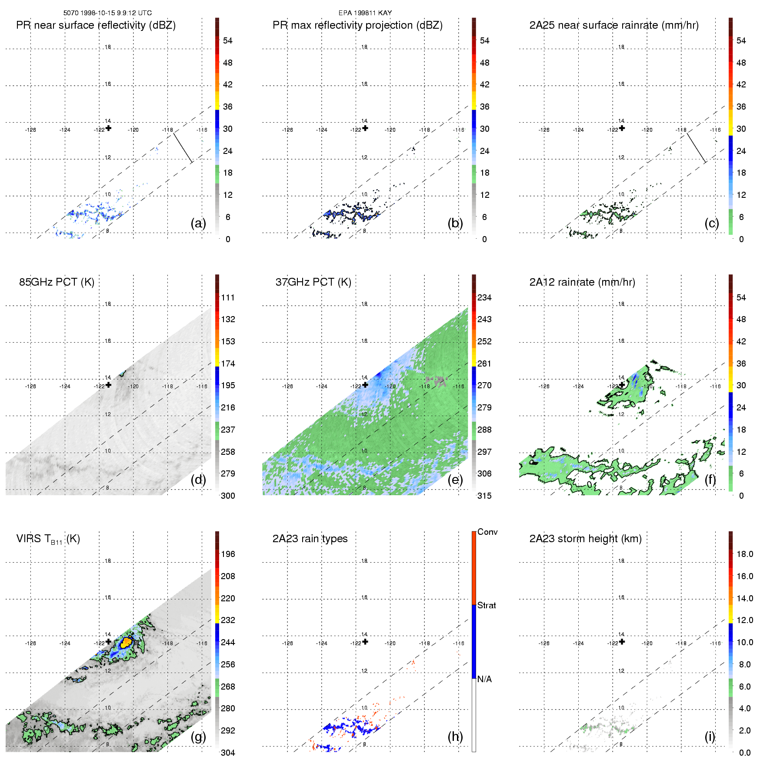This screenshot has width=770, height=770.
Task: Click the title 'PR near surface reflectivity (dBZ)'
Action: [x=96, y=25]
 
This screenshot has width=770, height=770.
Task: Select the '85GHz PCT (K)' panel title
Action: [x=57, y=282]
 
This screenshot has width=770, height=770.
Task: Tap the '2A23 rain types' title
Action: [x=310, y=539]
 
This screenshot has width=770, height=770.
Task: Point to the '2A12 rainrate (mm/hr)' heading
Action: [x=582, y=282]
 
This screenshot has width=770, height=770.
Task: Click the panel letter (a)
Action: [x=198, y=223]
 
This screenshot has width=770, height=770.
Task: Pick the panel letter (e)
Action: [x=455, y=480]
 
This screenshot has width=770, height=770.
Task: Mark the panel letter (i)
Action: [x=710, y=737]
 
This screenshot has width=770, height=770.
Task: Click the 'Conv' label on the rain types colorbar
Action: [x=487, y=532]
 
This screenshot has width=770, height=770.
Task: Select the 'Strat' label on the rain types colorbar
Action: [x=487, y=605]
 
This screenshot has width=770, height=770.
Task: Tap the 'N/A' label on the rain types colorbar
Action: [x=484, y=679]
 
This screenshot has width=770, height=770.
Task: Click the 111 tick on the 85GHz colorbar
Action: [x=228, y=297]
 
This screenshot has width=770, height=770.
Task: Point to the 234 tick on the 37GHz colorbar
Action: [x=484, y=297]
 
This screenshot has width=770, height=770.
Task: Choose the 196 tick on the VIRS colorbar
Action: [x=228, y=554]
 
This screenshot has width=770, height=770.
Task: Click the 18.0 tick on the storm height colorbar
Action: [x=744, y=554]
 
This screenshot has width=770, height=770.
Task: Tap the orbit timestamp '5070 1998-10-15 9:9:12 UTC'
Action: [x=107, y=13]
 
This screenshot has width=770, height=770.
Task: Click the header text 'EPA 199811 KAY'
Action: [x=365, y=13]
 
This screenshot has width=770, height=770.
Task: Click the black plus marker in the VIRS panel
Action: [x=108, y=641]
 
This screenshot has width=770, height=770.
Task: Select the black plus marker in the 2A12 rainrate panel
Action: [x=622, y=385]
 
